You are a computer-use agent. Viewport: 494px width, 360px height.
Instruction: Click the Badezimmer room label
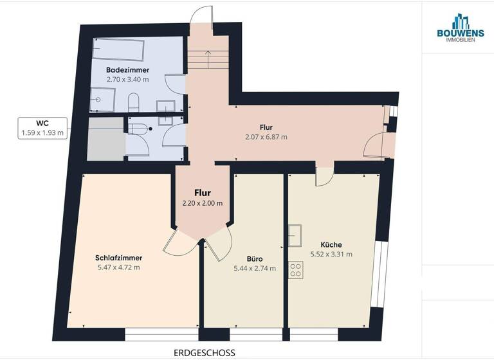coord(128,69)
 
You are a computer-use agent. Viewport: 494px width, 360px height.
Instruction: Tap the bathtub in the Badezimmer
coord(118,50)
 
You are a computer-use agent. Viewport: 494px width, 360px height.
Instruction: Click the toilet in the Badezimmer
coord(134,102)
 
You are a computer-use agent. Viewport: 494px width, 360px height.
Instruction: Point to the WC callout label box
coord(42,127)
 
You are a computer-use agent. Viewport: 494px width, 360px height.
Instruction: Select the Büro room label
coord(255,258)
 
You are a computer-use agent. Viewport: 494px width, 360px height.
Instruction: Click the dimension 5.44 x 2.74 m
coord(255,268)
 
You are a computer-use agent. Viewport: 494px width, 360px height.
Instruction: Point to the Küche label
coord(331,244)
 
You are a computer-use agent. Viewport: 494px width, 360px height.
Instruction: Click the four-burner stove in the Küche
coord(296,270)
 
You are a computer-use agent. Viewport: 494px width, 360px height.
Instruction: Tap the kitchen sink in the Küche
coord(295,235)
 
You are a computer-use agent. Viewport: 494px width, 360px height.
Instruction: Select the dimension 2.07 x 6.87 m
coord(266,137)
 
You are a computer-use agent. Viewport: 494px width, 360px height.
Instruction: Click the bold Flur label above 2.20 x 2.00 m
coord(203,192)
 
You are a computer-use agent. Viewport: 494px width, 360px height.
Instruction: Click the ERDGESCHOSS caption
coord(205,352)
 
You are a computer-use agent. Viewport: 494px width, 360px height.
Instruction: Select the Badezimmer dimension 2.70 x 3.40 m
coord(128,79)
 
